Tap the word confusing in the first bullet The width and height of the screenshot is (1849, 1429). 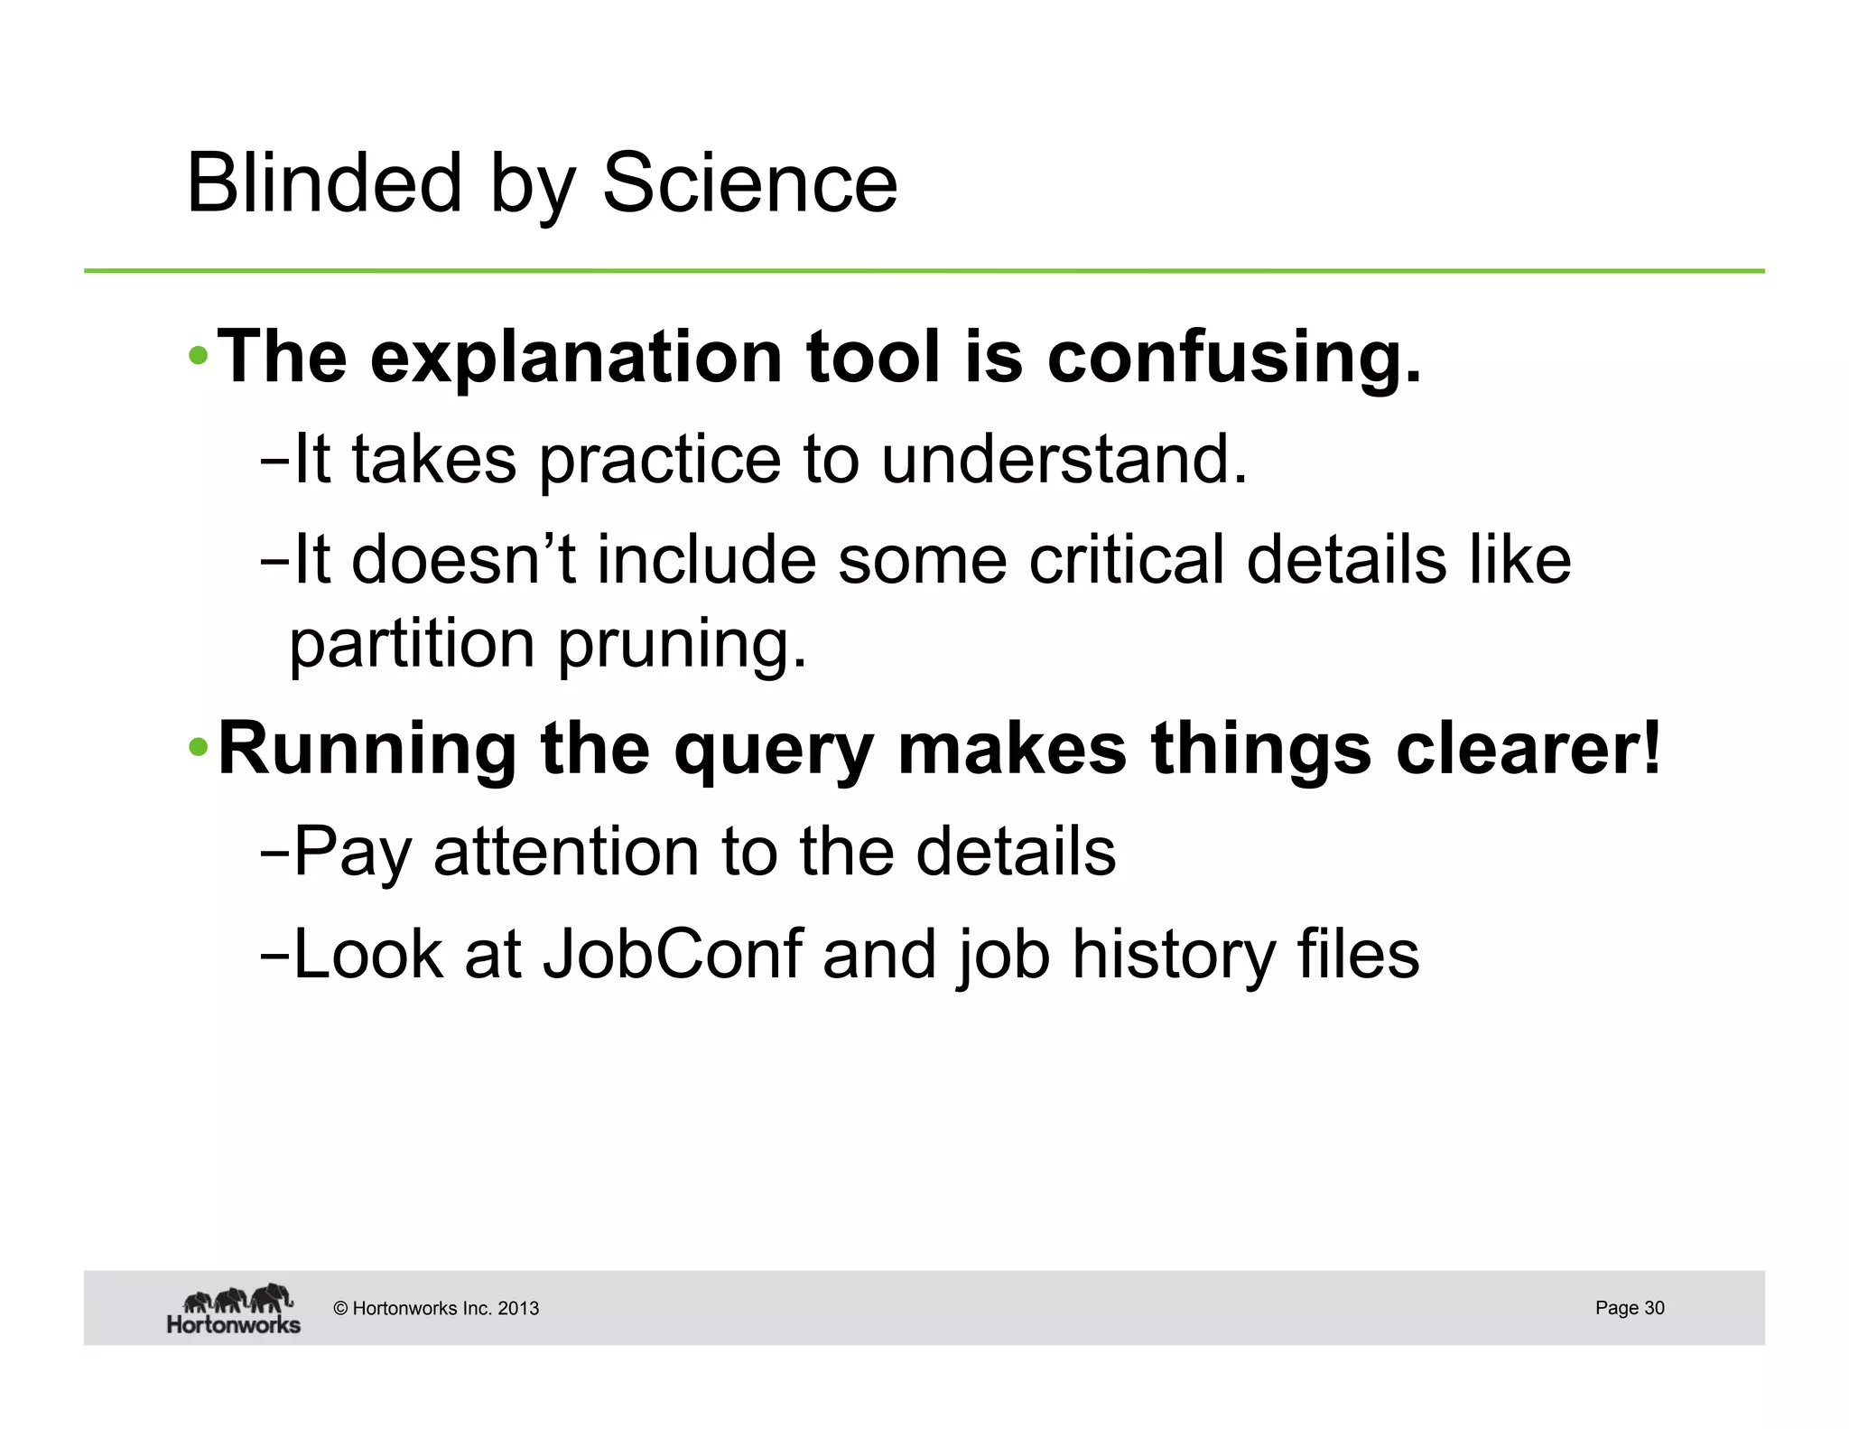pos(1233,359)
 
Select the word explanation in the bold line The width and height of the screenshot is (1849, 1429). pos(576,359)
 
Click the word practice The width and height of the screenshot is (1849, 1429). pos(660,460)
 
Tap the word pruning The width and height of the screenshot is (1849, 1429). pos(683,645)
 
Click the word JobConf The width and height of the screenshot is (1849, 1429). pos(672,955)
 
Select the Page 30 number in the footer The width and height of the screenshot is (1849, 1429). pos(1629,1307)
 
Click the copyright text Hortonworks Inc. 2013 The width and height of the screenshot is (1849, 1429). pos(436,1308)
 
